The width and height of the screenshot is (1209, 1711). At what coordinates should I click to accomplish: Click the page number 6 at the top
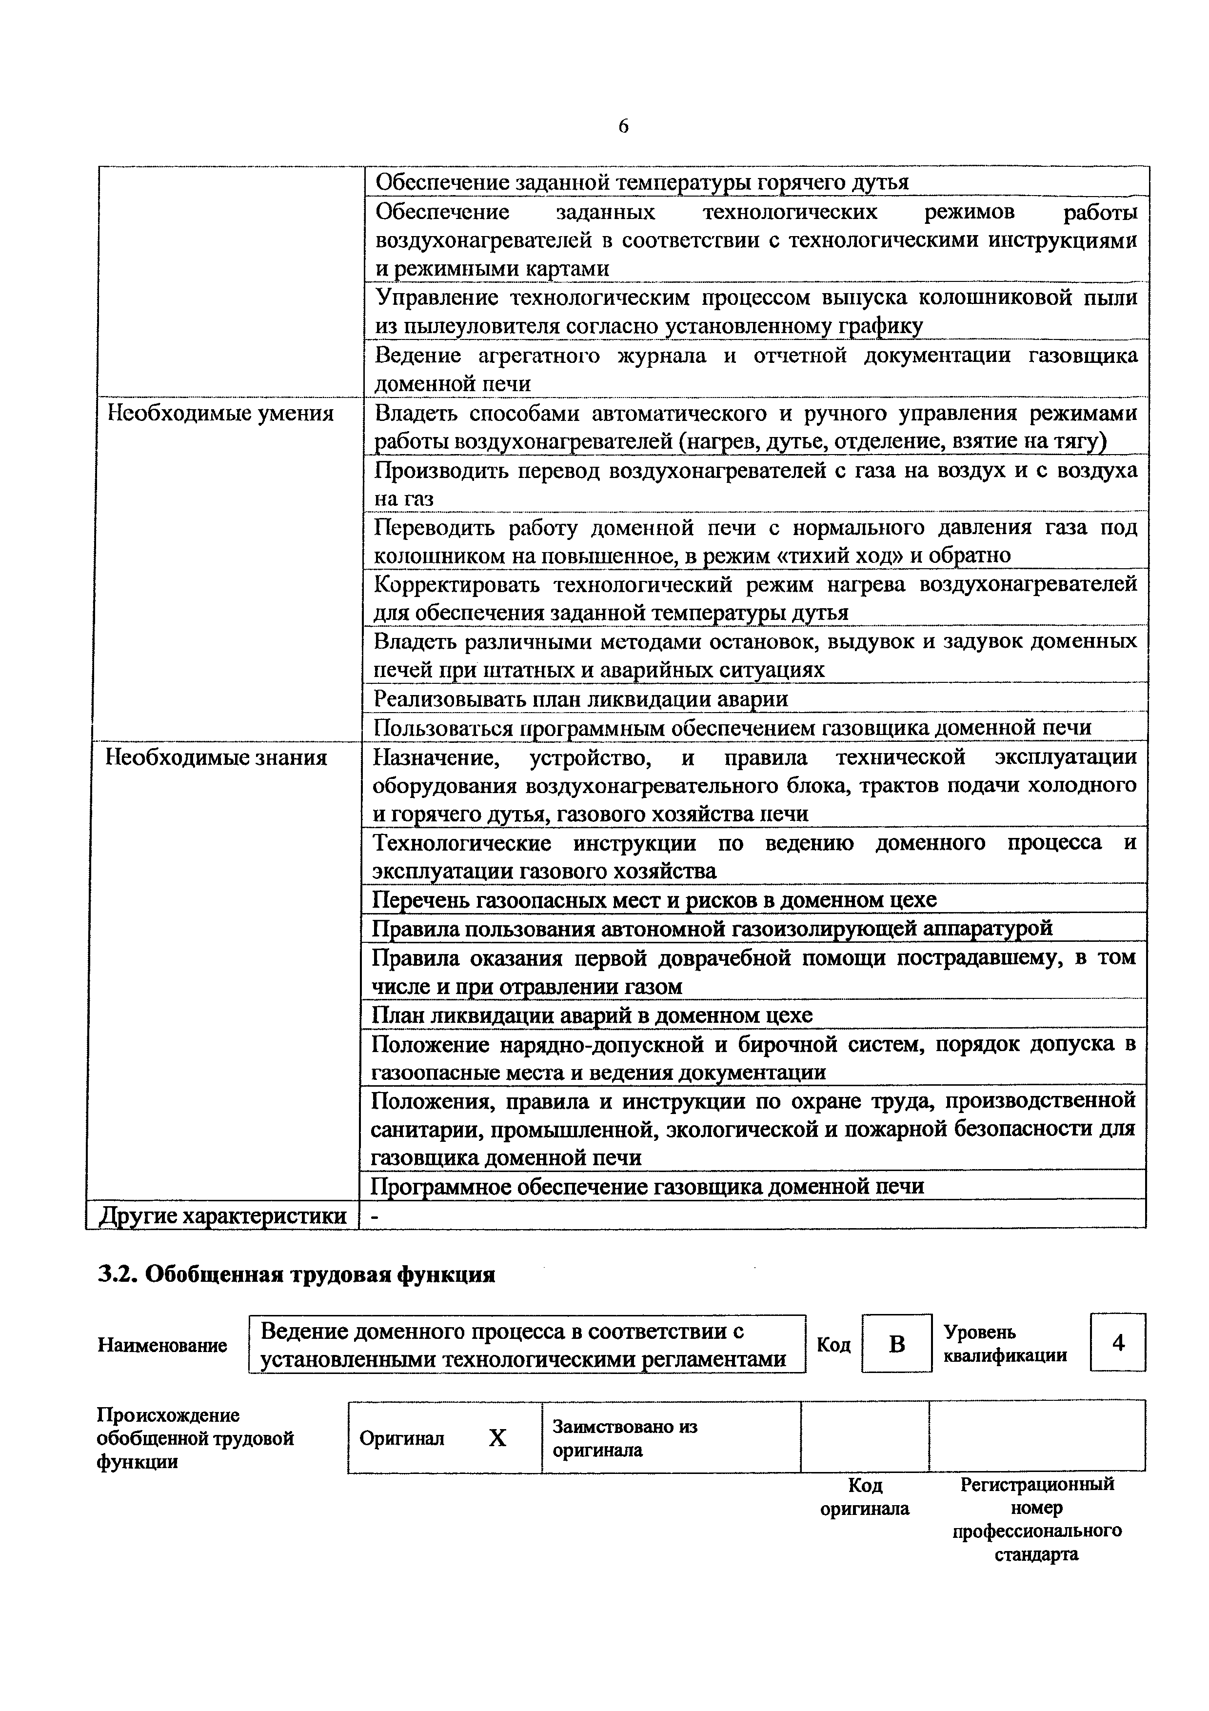623,127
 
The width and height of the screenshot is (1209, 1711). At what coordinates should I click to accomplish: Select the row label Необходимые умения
220,414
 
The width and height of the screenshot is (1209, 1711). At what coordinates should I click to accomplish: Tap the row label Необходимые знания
216,758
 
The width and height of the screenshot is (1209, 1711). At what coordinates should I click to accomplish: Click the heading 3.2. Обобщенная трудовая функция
297,1275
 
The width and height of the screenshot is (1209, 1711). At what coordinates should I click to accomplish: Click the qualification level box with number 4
1117,1343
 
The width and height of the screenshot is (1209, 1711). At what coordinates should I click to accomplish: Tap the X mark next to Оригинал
497,1437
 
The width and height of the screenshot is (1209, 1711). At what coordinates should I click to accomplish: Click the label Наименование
162,1345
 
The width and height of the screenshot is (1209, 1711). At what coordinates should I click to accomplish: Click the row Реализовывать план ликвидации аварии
580,699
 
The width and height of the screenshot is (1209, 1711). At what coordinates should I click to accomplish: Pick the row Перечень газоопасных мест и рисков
654,900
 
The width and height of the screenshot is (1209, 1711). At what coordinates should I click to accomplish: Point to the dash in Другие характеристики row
375,1215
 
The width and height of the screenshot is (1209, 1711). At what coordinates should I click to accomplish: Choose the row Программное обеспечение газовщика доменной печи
648,1186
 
